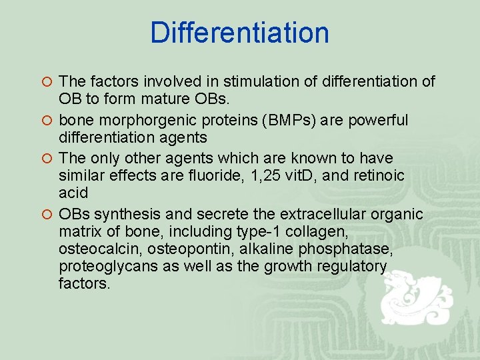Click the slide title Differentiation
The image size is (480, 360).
pos(239,33)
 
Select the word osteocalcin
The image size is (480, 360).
pos(96,249)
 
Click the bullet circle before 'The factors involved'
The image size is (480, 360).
pos(47,83)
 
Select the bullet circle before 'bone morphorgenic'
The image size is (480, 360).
pos(47,121)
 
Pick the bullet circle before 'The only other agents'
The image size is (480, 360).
pos(47,159)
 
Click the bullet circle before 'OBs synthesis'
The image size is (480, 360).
pos(47,215)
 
